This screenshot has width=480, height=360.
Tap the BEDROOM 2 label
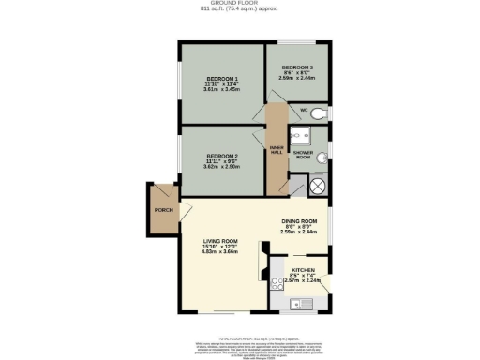(222, 155)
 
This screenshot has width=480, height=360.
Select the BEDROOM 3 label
(297, 67)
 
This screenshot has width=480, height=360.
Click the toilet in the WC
(318, 113)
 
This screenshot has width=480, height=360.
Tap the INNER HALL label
(277, 149)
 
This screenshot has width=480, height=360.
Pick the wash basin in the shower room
(321, 156)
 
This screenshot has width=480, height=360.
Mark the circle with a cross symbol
(316, 185)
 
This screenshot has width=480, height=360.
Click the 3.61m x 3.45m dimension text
(222, 90)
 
